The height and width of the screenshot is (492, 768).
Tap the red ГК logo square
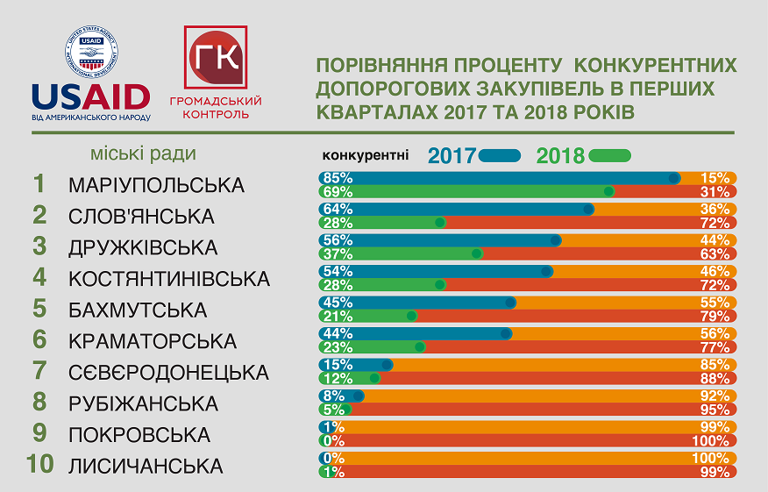click(215, 58)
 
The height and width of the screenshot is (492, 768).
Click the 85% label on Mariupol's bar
click(338, 177)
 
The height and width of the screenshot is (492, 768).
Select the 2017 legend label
click(452, 156)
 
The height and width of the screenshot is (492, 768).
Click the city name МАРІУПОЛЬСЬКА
click(156, 185)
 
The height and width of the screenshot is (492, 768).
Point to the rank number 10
click(40, 465)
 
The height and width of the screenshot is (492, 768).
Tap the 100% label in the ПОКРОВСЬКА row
click(714, 440)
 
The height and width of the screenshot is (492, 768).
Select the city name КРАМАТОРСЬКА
click(153, 340)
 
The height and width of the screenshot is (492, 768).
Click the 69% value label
click(338, 191)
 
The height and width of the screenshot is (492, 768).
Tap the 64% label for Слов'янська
click(338, 209)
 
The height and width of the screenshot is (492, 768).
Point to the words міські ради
click(143, 154)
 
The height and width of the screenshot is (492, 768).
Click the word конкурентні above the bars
click(366, 155)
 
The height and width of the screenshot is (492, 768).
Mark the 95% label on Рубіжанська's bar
click(715, 409)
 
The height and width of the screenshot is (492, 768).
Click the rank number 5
click(40, 309)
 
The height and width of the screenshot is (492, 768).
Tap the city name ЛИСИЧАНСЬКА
click(146, 466)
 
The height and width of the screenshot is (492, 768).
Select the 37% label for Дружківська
click(338, 253)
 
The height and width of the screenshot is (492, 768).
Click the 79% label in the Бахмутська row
click(715, 316)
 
